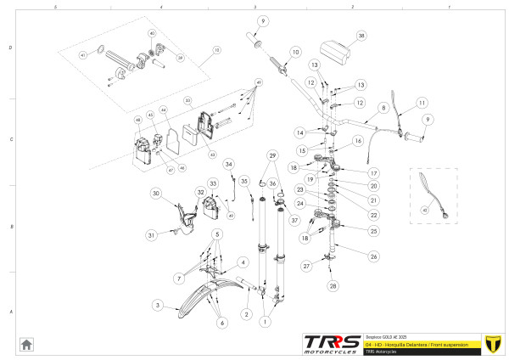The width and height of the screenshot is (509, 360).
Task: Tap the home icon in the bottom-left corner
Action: pos(26,344)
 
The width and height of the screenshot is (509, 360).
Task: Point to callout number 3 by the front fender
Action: pos(157,304)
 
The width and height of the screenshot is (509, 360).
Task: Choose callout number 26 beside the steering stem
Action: pos(372,256)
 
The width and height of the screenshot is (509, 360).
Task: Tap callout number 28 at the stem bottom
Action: pos(333,285)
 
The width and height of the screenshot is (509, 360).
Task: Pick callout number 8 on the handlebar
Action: pos(383,108)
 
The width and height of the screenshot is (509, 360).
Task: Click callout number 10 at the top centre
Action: pos(295,52)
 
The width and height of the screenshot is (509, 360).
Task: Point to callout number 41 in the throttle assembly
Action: pos(83,55)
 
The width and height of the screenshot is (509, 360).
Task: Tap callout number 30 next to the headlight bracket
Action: pos(156,194)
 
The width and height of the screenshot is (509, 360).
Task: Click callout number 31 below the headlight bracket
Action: pos(150,234)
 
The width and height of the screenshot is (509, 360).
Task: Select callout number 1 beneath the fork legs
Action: pos(266,322)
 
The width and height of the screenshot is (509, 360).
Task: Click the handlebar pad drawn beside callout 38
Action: pos(335,52)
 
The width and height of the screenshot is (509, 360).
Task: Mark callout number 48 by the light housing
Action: pos(137,121)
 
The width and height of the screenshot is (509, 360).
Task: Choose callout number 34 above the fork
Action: pos(228,163)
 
